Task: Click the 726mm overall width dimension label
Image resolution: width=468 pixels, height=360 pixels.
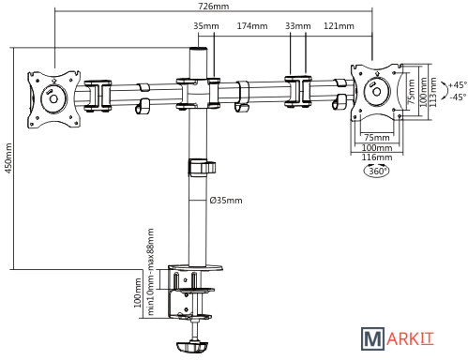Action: pyautogui.click(x=214, y=6)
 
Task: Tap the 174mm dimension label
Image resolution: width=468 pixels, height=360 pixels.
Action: pyautogui.click(x=252, y=25)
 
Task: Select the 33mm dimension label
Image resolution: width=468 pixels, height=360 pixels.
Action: pyautogui.click(x=297, y=25)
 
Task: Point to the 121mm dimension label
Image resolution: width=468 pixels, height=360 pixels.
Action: pyautogui.click(x=339, y=25)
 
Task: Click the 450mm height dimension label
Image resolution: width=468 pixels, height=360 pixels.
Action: pyautogui.click(x=8, y=158)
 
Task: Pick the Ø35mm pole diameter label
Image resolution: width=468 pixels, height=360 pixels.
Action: pyautogui.click(x=226, y=200)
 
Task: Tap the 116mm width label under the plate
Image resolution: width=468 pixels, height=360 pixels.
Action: pyautogui.click(x=377, y=157)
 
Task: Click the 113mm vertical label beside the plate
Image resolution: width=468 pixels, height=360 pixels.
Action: pyautogui.click(x=432, y=92)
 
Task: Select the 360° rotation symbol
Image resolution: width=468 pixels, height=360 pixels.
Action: pyautogui.click(x=377, y=171)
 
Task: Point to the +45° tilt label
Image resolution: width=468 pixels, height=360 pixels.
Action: pyautogui.click(x=458, y=84)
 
